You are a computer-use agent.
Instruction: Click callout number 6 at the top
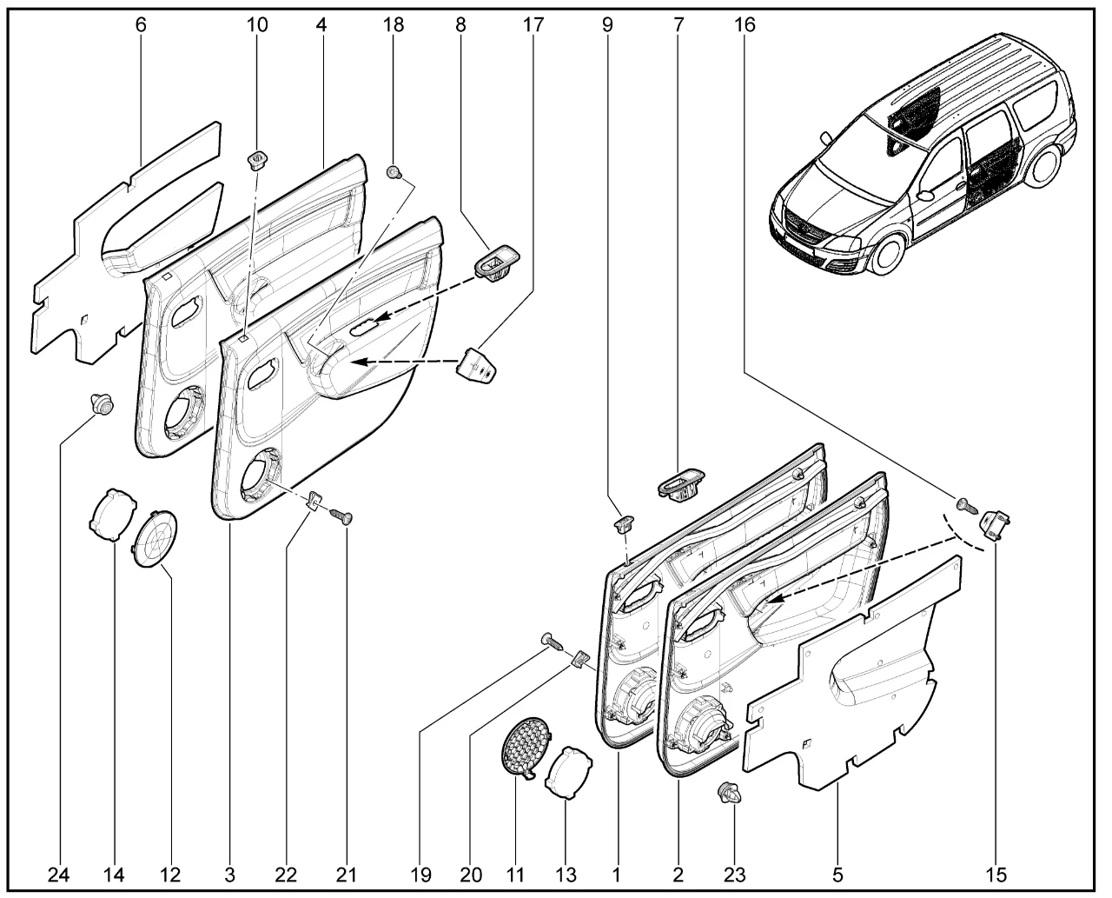coord(141,24)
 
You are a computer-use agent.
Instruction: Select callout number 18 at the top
coord(394,24)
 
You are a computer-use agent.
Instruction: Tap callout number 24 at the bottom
coord(60,872)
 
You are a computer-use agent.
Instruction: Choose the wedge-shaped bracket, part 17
coord(477,363)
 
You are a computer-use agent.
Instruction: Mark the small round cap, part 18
coord(393,171)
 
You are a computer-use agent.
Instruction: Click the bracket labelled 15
coord(996,524)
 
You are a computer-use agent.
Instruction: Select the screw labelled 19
coord(553,642)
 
